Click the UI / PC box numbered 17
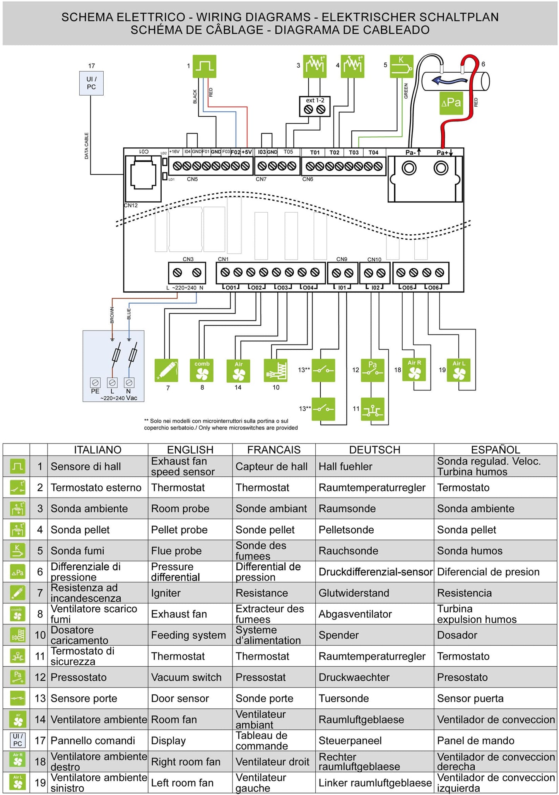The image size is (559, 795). click(91, 83)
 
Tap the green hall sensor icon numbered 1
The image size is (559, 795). click(204, 66)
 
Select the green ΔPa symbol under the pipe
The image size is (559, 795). click(451, 103)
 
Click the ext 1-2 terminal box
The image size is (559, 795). click(315, 106)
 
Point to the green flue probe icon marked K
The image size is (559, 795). click(402, 66)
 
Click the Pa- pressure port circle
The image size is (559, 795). click(409, 168)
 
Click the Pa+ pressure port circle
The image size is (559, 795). click(441, 168)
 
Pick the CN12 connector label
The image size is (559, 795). click(131, 205)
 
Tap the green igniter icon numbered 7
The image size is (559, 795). click(166, 370)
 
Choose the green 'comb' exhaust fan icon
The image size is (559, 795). click(202, 370)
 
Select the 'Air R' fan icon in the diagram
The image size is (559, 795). click(414, 370)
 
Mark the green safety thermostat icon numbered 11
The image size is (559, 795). click(373, 409)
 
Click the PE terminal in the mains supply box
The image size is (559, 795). click(95, 383)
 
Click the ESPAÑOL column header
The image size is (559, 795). click(495, 450)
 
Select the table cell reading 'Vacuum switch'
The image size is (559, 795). click(186, 677)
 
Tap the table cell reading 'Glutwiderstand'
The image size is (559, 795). click(354, 593)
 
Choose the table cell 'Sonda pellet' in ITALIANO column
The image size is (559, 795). click(80, 530)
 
